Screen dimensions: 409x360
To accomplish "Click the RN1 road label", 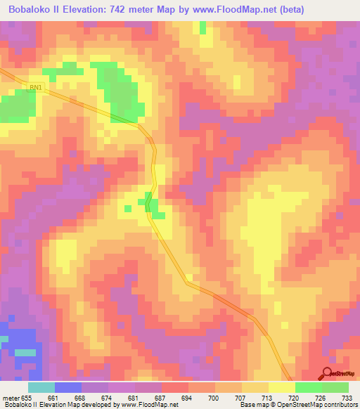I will click(x=36, y=87).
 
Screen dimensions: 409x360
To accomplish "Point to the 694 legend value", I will click(x=186, y=397).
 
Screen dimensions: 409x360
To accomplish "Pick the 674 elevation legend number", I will click(x=105, y=397).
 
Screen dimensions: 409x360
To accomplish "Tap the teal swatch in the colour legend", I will click(x=41, y=387).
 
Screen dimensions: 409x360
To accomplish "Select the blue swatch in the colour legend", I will click(x=68, y=387).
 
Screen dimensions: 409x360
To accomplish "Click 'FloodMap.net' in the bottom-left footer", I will click(x=156, y=405).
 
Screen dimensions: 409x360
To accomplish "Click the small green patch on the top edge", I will click(x=202, y=27).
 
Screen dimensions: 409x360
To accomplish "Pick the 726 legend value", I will click(x=321, y=397).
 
